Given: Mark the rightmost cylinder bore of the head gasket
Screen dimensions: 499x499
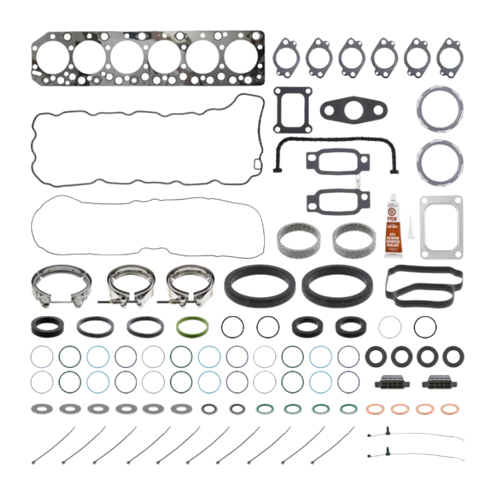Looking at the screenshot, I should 238,56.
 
